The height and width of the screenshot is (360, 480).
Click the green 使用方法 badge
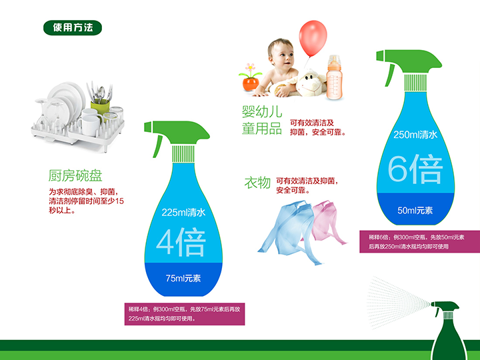click(73, 27)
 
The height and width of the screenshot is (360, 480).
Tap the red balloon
click(313, 38)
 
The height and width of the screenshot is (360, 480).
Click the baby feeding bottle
click(334, 77)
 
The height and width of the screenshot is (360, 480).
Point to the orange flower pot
click(251, 83)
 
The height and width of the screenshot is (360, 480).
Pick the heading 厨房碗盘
click(75, 175)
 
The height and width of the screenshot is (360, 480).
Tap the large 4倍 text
click(181, 242)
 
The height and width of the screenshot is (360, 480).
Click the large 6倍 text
click(415, 169)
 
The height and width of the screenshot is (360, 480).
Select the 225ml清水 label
click(183, 213)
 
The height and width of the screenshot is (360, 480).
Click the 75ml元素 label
click(183, 278)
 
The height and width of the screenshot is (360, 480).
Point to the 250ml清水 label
click(415, 135)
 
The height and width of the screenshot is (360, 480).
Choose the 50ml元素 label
click(415, 210)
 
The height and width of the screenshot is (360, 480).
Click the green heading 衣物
click(257, 183)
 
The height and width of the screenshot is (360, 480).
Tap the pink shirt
click(328, 221)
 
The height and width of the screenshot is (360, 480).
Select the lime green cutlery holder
click(100, 107)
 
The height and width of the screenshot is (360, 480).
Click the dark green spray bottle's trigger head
click(446, 307)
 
